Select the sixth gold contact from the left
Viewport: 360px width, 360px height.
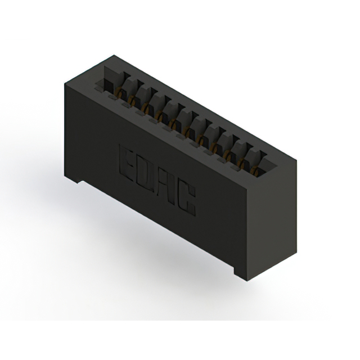pyautogui.click(x=187, y=132)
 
